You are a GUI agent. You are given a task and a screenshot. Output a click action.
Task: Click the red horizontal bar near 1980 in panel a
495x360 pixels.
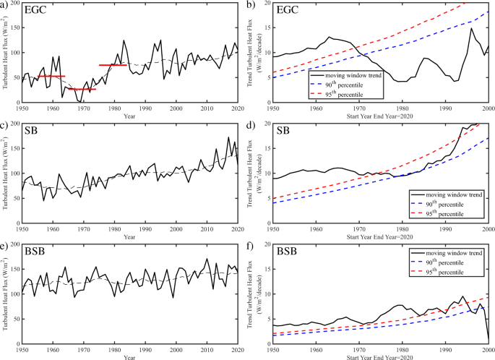click(113, 65)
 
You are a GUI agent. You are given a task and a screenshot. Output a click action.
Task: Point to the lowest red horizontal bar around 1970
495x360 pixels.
click(82, 89)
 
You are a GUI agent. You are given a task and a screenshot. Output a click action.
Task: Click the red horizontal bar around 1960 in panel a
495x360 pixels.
click(51, 76)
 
